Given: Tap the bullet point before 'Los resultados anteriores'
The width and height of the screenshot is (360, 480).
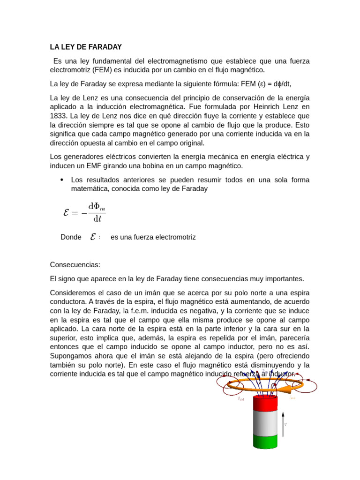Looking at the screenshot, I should tap(62, 180).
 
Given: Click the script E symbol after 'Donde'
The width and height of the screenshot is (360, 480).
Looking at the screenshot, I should tap(93, 237).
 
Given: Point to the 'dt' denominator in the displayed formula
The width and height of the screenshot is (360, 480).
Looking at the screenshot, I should tap(97, 219).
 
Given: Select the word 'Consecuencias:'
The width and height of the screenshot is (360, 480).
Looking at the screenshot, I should tap(75, 265).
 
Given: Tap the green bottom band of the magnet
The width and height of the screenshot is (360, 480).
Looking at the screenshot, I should tap(265, 441).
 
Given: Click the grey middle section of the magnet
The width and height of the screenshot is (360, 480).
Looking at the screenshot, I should tap(265, 422).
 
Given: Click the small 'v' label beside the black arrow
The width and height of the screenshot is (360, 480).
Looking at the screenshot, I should tap(286, 425).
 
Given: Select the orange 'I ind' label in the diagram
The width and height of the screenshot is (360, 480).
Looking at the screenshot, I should tap(292, 398).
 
